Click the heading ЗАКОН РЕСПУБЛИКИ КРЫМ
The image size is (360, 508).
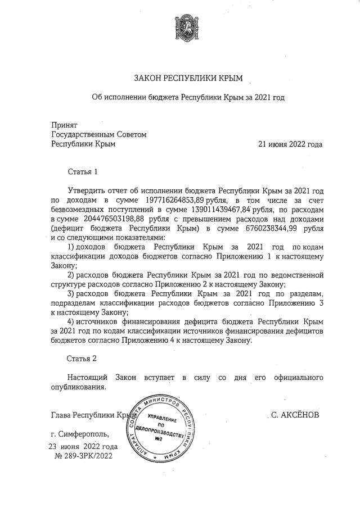coord(180,77)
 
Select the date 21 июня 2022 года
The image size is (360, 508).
coord(290,144)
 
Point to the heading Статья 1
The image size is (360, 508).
coord(83,171)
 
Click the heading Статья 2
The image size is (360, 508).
coord(83,357)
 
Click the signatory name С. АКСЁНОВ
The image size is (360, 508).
coord(295,415)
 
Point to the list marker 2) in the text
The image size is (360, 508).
coord(71,275)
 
